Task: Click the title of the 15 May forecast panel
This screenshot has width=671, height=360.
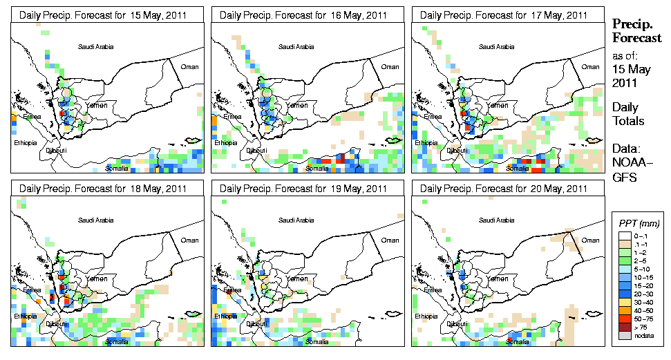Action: pos(103,15)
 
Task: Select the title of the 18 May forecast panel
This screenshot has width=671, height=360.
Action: pos(103,188)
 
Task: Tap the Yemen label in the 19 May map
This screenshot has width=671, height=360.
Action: pos(297,278)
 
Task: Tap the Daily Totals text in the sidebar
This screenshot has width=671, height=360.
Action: pos(628,114)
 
